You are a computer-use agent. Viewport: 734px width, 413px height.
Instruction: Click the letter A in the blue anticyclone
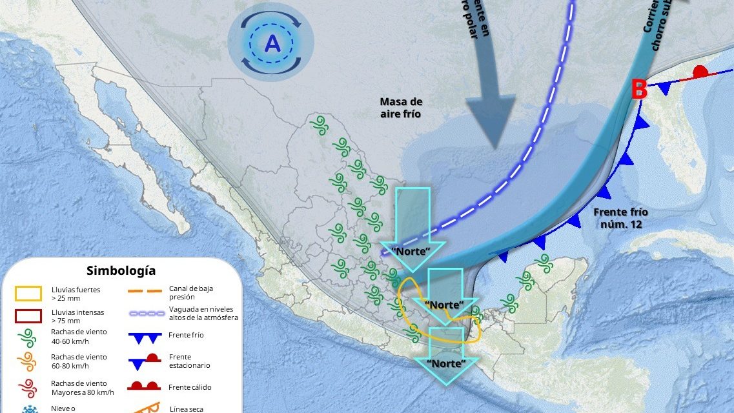point(272,44)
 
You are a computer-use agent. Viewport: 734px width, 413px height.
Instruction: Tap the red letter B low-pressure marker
point(638,90)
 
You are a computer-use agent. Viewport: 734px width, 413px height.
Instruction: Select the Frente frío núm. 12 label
point(620,217)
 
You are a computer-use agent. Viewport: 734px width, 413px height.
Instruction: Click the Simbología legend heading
point(121,270)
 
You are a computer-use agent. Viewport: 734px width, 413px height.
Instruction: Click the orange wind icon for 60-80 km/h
point(29,360)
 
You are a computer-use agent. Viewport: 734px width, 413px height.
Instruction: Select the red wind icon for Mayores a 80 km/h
point(29,387)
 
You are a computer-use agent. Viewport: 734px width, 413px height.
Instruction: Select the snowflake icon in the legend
point(29,409)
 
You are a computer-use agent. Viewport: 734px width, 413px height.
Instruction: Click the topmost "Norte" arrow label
point(411,250)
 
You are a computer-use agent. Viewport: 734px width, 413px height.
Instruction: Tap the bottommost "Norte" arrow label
point(446,363)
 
